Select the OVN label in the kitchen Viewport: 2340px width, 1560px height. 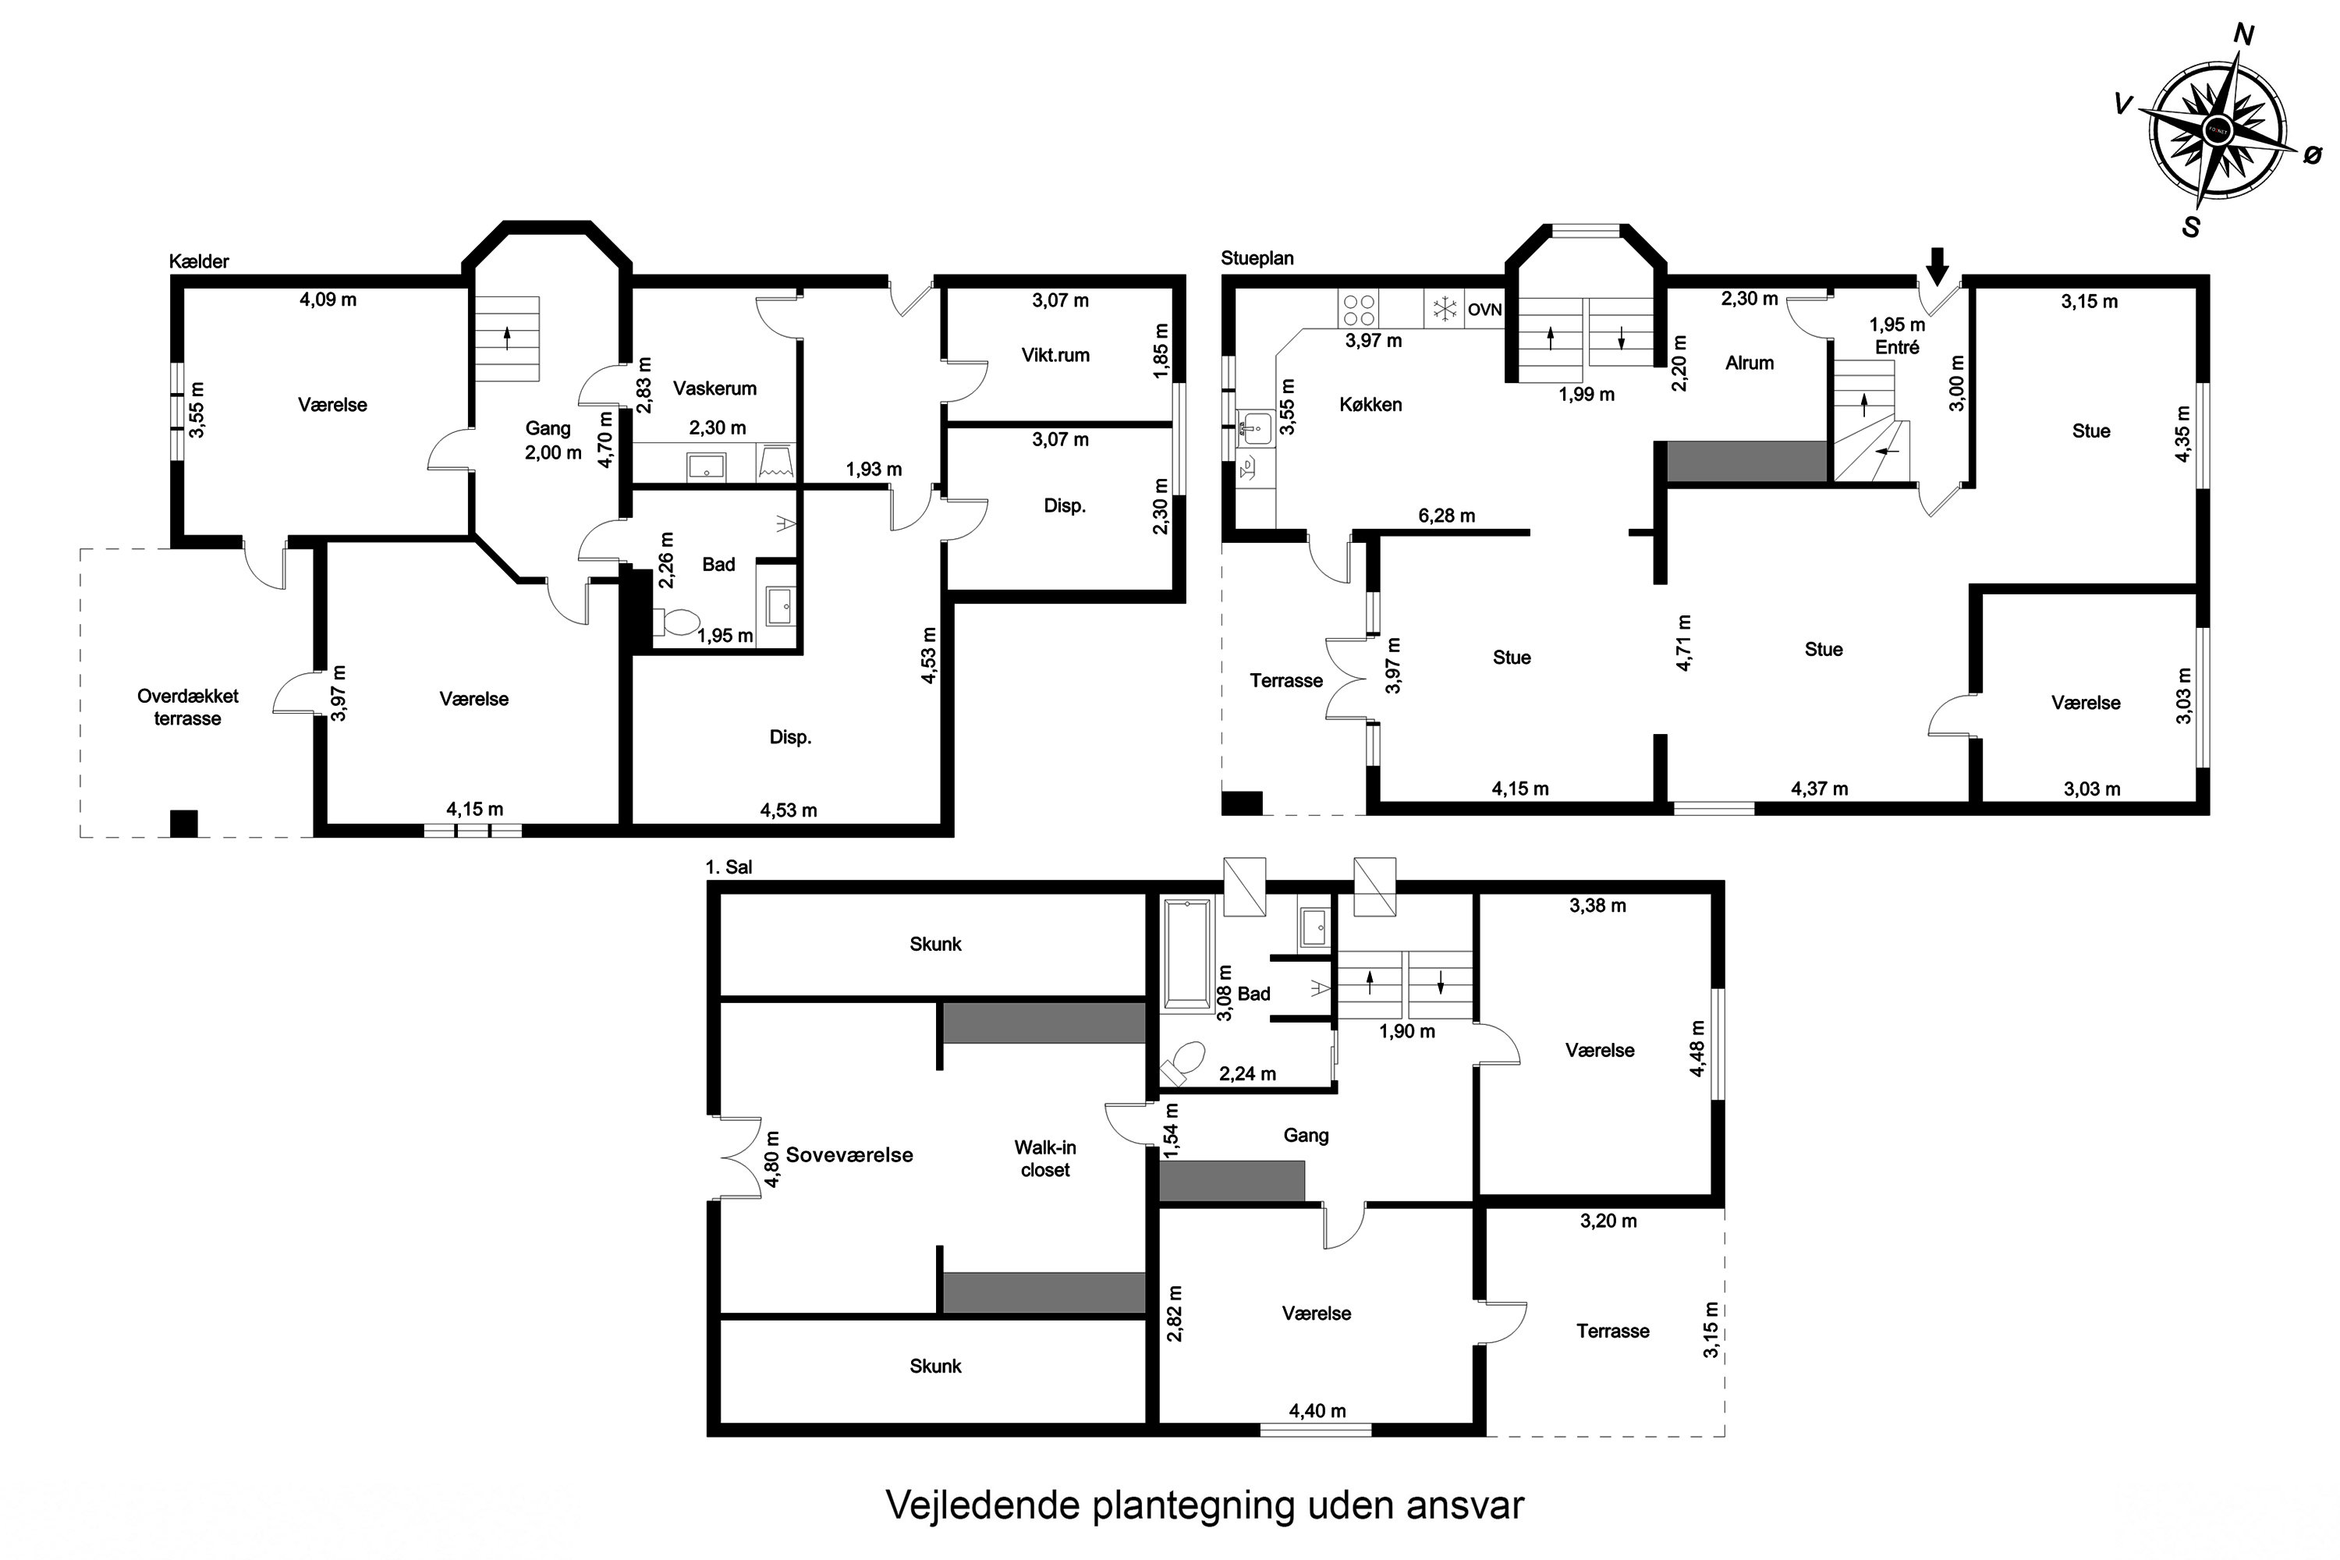coord(1484,310)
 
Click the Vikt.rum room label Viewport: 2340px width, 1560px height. coord(1055,355)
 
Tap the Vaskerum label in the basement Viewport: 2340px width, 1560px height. coord(714,388)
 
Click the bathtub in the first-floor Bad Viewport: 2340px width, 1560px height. coord(1187,952)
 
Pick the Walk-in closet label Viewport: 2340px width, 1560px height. coord(1044,1159)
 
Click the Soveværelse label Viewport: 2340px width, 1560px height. coord(849,1155)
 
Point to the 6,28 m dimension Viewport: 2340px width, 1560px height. coord(1447,516)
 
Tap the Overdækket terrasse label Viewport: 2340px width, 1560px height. coord(187,707)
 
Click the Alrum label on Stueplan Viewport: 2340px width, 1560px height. coord(1749,363)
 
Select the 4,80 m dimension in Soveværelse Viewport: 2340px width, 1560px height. coord(773,1160)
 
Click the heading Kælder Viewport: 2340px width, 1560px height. coord(199,261)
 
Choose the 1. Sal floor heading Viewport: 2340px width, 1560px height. coord(729,867)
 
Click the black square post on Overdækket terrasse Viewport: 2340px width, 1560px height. coord(184,824)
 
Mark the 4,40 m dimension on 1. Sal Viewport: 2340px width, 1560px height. coord(1317,1411)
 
